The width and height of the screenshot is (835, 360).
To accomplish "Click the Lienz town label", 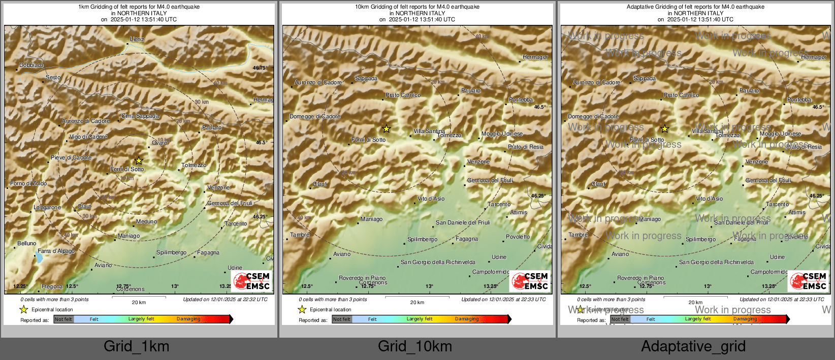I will [x=137, y=39].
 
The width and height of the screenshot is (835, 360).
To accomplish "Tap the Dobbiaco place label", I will [x=31, y=65].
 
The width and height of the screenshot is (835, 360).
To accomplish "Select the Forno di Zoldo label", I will [x=28, y=183].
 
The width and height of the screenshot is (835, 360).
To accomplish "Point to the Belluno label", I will [x=27, y=243].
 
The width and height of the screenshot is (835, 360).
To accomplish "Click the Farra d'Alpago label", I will [x=56, y=251].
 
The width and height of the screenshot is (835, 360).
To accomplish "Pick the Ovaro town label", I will [x=159, y=143].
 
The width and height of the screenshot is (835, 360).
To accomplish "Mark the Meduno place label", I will [x=146, y=221].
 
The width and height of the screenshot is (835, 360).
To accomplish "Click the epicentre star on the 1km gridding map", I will [x=139, y=160].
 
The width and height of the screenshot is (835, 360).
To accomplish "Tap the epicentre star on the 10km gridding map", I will [x=386, y=129].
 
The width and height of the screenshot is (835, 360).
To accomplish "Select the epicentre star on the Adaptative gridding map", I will [x=664, y=129].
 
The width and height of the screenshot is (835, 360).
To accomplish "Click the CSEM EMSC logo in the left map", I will [x=251, y=281].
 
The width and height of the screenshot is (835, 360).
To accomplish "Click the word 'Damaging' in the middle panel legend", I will [x=467, y=319].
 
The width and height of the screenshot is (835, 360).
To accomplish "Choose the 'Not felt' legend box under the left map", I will [x=63, y=319].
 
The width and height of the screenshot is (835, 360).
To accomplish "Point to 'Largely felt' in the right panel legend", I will [x=698, y=319].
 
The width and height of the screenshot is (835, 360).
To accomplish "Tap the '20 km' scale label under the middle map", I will [x=417, y=303].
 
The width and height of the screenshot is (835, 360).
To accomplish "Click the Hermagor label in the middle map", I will [x=535, y=57].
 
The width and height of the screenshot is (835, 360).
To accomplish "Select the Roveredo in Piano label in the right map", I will [x=640, y=278].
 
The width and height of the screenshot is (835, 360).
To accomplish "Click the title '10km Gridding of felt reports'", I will [x=417, y=7].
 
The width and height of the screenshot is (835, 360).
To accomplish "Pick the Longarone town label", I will [x=47, y=207].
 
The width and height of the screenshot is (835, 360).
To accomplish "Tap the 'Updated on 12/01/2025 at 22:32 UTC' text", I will [x=225, y=300].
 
